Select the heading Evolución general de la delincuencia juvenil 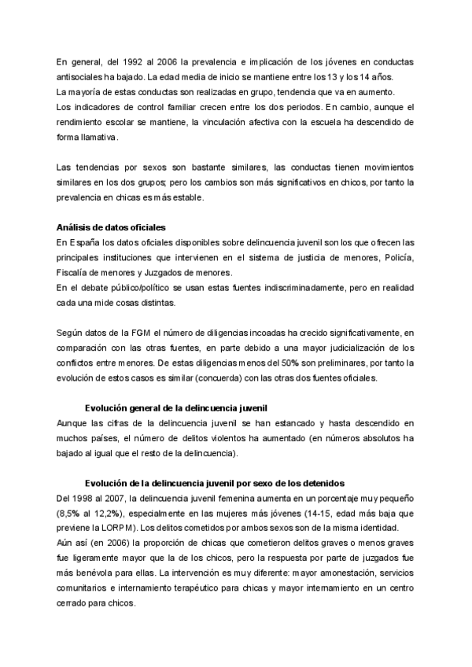point(176,409)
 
